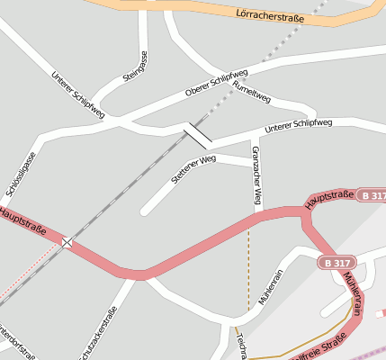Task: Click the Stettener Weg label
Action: coord(193,169)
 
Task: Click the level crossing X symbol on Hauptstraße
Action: coord(67,241)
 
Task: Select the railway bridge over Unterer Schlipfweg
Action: coord(198,136)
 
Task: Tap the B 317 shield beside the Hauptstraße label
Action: coord(371,195)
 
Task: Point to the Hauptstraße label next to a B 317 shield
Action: coord(330,200)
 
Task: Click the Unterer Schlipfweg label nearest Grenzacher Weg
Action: coord(299,126)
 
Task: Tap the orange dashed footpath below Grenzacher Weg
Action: coord(249,270)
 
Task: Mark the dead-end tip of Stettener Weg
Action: coord(144,212)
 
